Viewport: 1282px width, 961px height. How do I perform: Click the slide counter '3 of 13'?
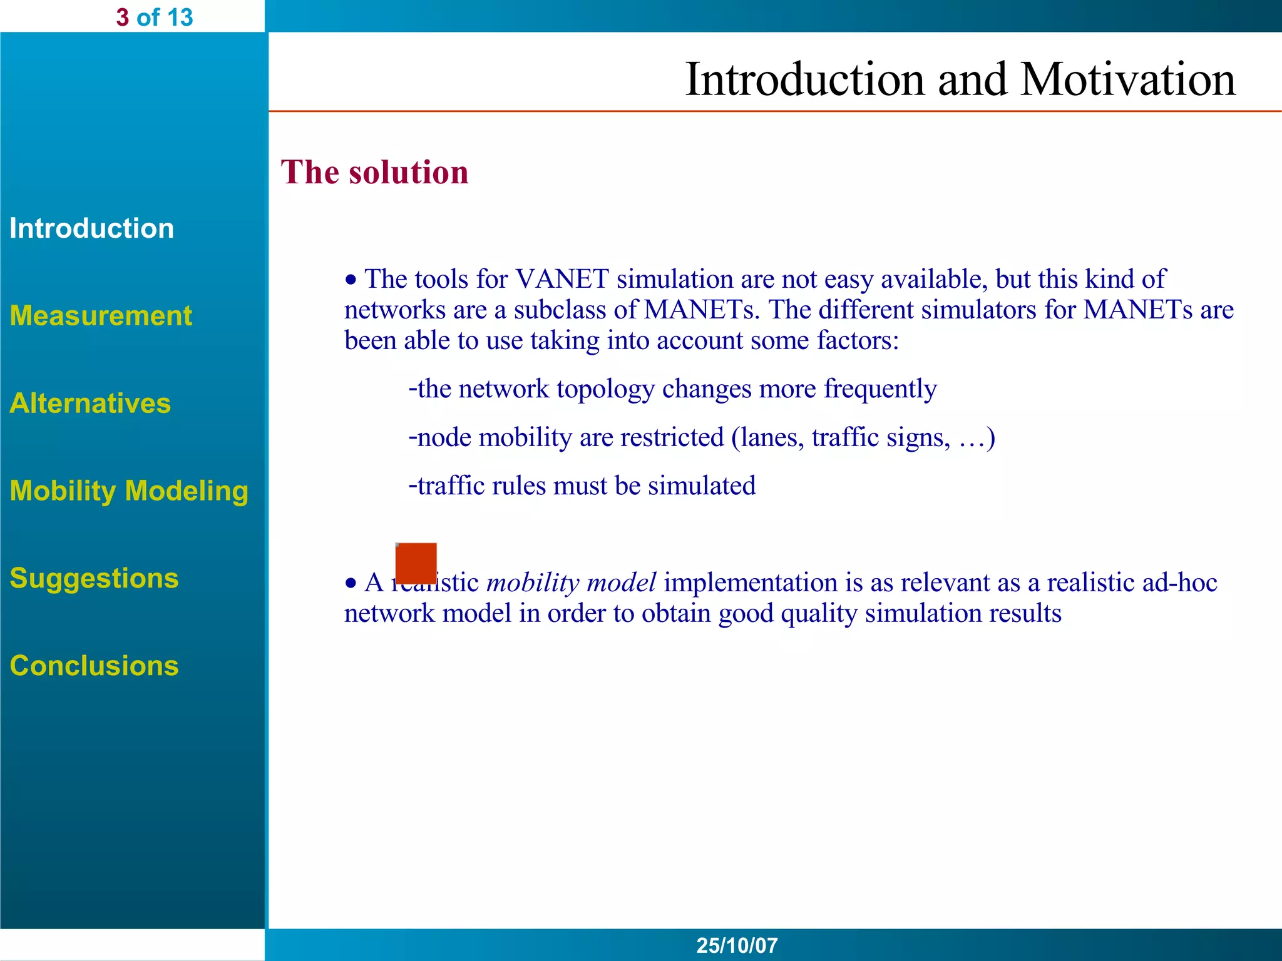[154, 18]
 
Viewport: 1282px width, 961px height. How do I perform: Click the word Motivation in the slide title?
[1127, 80]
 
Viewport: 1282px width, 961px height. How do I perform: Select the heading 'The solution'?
[374, 173]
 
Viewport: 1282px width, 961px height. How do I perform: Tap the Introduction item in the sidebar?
[91, 228]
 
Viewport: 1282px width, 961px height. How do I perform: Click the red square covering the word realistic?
[416, 562]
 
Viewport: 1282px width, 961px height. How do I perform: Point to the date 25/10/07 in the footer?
[737, 945]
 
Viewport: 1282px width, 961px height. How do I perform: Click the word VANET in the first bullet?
[562, 279]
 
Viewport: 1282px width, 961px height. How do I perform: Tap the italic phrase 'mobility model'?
[571, 583]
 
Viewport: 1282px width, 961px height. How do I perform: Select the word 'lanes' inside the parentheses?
[771, 437]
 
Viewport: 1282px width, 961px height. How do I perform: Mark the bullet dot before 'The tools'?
[351, 280]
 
